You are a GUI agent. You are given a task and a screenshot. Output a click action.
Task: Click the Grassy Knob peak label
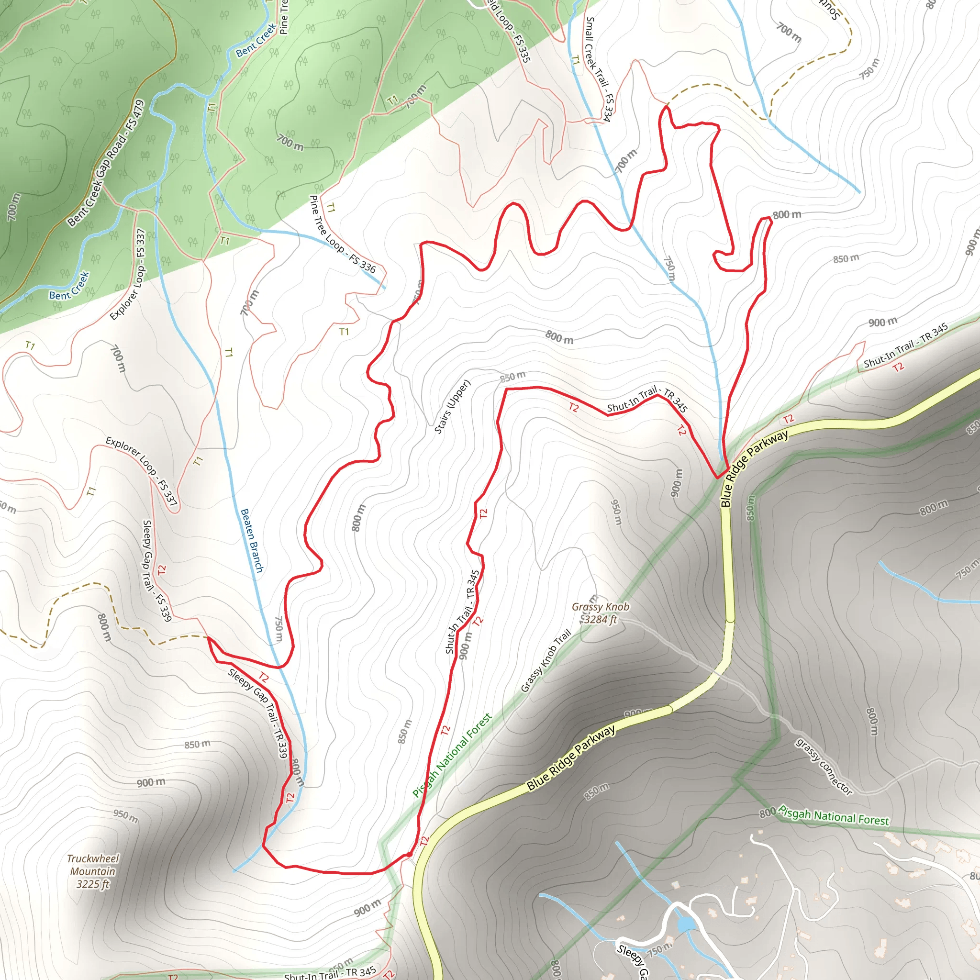(600, 607)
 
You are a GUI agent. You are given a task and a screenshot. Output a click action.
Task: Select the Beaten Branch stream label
(252, 541)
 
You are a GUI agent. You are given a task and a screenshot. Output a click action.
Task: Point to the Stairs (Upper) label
(453, 407)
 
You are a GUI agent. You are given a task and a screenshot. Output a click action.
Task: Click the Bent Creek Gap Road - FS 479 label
(106, 163)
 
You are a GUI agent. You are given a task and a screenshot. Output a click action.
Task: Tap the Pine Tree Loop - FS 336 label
(343, 234)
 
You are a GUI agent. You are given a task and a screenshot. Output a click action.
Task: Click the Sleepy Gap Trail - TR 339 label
(258, 713)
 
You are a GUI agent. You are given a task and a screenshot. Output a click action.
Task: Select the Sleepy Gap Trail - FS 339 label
(157, 571)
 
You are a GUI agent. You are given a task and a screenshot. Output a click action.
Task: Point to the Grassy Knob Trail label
(546, 660)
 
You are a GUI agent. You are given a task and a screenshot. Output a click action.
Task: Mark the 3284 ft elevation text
(601, 619)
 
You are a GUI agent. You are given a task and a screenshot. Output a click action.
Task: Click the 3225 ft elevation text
(93, 885)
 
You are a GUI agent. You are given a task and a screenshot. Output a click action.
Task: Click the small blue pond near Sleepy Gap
(685, 924)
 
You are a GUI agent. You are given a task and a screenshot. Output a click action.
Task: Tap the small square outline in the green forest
(35, 166)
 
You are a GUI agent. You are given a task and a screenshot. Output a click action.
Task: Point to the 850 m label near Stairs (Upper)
(512, 377)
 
